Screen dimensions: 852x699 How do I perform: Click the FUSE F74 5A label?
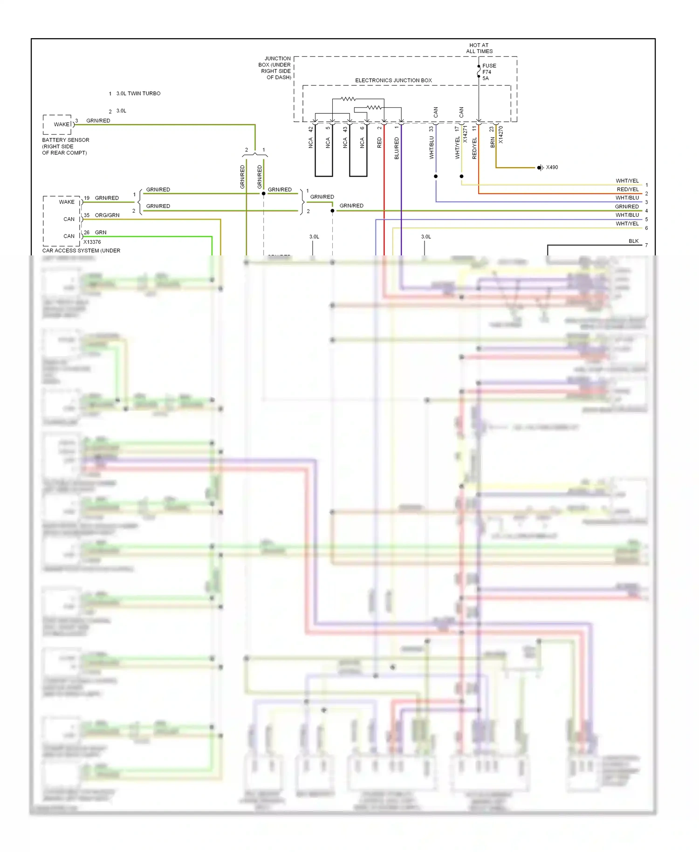point(488,72)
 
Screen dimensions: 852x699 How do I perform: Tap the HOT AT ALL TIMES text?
point(479,48)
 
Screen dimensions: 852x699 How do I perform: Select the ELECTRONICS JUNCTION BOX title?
point(393,80)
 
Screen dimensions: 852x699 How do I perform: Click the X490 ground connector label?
point(552,167)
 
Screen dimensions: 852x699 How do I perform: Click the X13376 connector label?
point(92,242)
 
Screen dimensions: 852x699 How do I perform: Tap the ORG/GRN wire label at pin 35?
point(107,215)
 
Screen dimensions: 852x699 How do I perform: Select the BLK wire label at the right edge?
point(633,241)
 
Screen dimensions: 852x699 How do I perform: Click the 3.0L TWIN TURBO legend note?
point(138,94)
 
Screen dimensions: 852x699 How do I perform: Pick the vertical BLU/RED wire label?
point(397,148)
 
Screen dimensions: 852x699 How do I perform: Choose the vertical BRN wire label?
point(493,143)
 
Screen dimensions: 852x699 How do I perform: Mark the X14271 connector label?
point(465,133)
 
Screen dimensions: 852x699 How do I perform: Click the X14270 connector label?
point(501,134)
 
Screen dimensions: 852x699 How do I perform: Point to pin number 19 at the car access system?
point(87,198)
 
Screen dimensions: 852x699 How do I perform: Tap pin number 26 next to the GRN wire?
point(87,233)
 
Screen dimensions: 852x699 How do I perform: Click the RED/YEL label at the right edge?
point(628,189)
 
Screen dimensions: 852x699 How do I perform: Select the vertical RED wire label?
point(379,143)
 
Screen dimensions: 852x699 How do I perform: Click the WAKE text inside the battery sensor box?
point(62,124)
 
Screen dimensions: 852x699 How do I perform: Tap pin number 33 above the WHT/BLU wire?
point(432,128)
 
